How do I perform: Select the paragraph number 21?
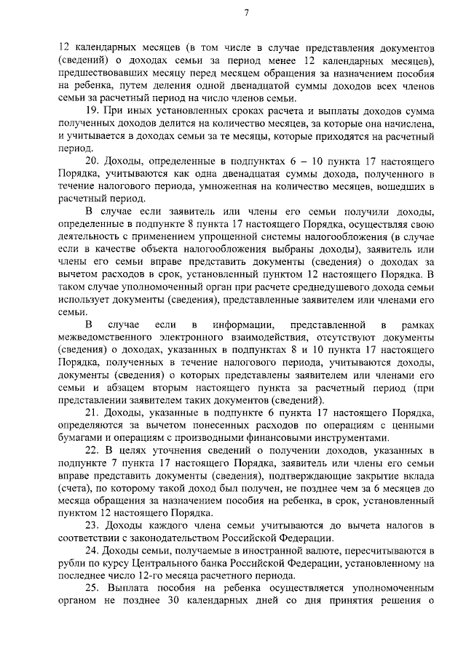[92, 413]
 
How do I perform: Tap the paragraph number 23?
[92, 525]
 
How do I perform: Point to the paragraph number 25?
[92, 587]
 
